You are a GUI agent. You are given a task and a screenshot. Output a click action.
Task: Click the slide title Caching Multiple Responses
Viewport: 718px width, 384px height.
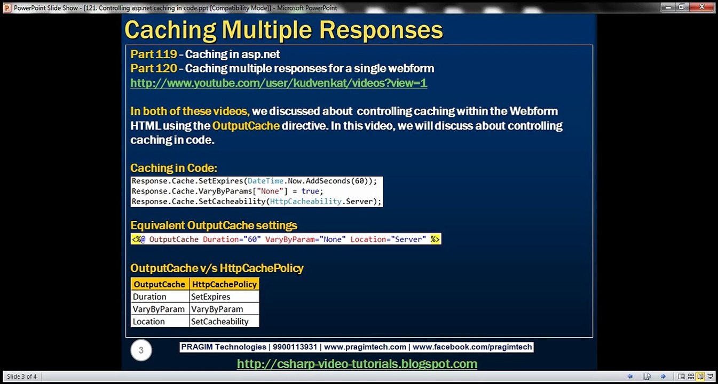tap(283, 30)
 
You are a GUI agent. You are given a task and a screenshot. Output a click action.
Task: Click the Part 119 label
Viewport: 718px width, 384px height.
tap(154, 54)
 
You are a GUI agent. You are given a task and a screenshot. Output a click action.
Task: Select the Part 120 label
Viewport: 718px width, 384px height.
tap(154, 68)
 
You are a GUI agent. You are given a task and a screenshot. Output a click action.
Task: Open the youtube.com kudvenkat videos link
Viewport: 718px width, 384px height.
tap(279, 83)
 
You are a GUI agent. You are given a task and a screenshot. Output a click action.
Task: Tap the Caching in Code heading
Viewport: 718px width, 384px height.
tap(173, 168)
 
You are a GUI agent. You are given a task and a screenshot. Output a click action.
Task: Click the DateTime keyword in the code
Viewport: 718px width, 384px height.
tap(265, 181)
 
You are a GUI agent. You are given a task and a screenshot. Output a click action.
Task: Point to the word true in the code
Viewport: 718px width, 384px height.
tap(310, 191)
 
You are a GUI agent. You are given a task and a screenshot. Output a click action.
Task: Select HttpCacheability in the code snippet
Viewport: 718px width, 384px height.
tap(305, 202)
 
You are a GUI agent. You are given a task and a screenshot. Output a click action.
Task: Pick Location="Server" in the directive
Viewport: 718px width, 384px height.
tap(388, 239)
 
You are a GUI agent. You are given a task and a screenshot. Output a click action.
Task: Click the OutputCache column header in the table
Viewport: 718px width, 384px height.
tap(160, 284)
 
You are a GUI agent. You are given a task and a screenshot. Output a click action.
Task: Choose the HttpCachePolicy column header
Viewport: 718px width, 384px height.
tap(224, 284)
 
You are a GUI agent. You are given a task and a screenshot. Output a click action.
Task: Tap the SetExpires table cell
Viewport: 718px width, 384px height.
tap(210, 297)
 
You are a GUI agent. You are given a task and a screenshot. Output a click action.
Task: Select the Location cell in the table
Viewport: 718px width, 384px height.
tap(149, 321)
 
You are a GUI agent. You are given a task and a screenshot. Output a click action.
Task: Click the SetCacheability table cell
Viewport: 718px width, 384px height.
tap(220, 321)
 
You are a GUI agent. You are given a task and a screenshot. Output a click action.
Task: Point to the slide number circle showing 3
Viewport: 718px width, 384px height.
tap(141, 350)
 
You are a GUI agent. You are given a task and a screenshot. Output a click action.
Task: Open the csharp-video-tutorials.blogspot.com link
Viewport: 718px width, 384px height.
tap(357, 364)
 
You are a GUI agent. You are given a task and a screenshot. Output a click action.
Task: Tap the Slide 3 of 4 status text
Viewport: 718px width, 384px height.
tap(22, 377)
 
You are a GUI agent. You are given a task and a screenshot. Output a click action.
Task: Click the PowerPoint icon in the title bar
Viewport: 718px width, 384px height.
tap(7, 7)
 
